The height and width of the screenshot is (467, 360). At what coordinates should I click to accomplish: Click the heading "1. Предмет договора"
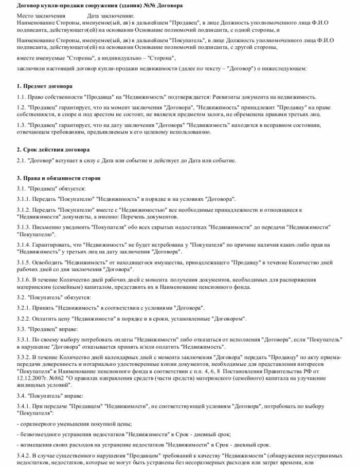(45, 86)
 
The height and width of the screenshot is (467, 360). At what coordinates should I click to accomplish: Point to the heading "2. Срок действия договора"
(53, 150)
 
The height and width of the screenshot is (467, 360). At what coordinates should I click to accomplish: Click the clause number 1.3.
(21, 125)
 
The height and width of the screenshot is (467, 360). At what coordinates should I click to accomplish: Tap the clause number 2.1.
(21, 160)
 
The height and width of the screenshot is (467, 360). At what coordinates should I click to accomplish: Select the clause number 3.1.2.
(24, 210)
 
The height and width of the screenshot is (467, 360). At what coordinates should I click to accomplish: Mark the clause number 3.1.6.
(24, 279)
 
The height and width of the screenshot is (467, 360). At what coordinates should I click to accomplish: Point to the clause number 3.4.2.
(24, 456)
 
